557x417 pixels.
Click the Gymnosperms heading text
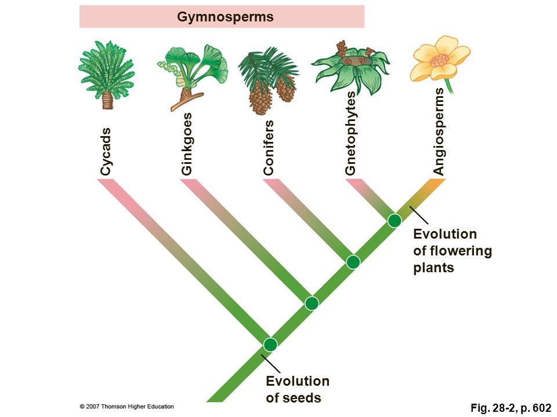coord(225,17)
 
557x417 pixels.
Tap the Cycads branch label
coord(106,152)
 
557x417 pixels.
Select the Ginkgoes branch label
coord(186,144)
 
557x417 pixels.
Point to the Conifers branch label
coord(269,148)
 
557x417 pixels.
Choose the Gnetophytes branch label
coord(350,133)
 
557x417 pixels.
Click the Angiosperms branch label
coord(439,131)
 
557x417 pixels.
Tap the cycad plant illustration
coord(107,75)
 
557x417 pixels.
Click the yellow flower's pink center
coord(440,61)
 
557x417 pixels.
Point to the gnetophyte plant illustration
coord(350,68)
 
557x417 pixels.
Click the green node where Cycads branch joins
coord(270,344)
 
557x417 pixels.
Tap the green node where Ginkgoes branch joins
coord(312,303)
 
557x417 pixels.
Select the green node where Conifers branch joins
coord(353,262)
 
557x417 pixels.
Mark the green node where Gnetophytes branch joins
coord(395,221)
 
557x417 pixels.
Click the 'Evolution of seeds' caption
coord(298,389)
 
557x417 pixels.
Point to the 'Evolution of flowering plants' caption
coord(453,251)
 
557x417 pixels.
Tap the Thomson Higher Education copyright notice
coord(127,407)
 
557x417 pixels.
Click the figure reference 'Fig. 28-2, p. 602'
coord(511,408)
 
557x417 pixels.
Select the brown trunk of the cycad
coord(107,100)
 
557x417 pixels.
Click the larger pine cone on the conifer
coord(261,97)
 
